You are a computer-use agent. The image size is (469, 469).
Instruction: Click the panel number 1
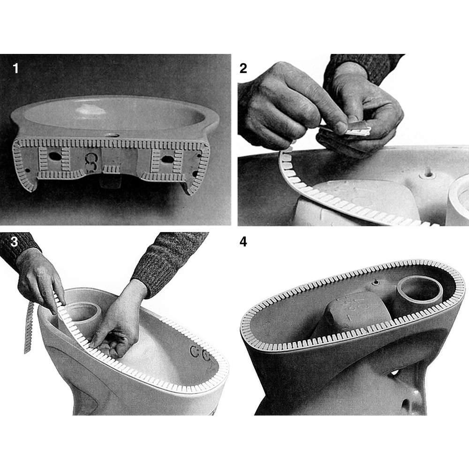pos(15,69)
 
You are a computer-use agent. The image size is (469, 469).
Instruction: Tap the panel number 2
pos(243,68)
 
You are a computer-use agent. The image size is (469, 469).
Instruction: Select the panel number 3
pos(15,242)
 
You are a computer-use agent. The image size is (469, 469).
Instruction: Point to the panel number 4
pos(243,242)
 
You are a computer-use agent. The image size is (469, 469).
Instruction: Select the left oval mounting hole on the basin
pos(54,156)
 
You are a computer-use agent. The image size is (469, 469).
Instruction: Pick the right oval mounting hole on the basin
pos(164,159)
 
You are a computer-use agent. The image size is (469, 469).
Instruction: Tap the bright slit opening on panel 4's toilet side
pos(395,372)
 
